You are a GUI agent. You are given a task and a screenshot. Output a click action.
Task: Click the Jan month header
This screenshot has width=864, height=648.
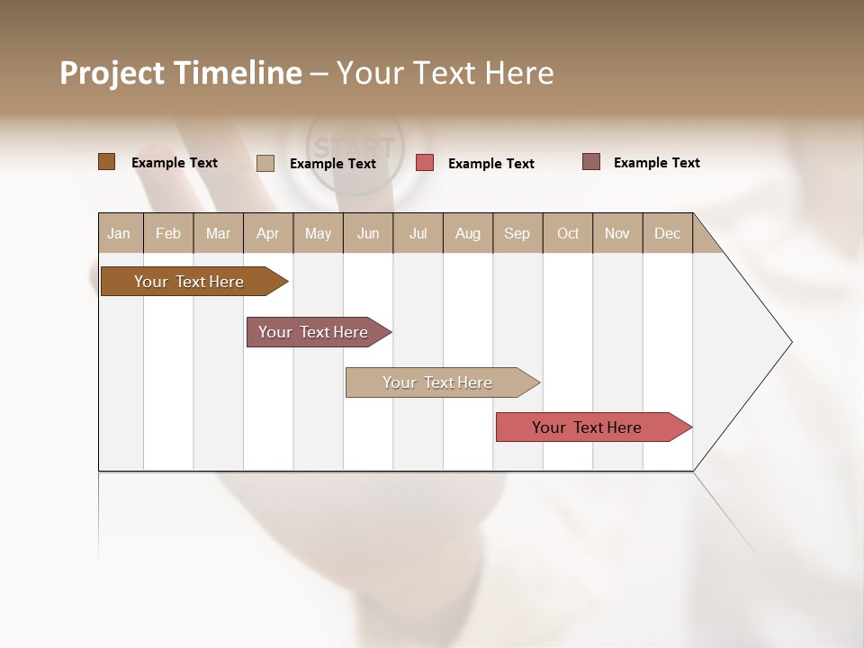coord(120,233)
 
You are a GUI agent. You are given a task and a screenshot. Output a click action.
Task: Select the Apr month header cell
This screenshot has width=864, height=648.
coord(268,233)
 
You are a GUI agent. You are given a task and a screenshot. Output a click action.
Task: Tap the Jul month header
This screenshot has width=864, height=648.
coord(418,233)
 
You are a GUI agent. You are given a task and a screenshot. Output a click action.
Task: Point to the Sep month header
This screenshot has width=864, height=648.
coord(517,233)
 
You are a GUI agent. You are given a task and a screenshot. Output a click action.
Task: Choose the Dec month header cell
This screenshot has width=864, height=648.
coord(667,233)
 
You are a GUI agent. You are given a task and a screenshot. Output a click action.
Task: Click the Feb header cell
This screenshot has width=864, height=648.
coord(168,233)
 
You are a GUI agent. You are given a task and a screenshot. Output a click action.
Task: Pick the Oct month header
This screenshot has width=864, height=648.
coord(568,233)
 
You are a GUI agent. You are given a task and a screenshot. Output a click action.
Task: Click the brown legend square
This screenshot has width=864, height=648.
coord(106,162)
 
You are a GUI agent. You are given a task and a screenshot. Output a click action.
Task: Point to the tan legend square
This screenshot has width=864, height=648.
coord(265,163)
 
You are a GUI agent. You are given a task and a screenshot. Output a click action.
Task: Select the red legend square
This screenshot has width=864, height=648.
coord(425,163)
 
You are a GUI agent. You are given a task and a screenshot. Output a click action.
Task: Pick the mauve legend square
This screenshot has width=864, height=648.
coord(591,162)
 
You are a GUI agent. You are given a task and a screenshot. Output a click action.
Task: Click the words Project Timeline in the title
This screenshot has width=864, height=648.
coord(181,73)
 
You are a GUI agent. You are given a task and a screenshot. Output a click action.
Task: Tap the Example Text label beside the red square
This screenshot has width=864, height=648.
coord(490,164)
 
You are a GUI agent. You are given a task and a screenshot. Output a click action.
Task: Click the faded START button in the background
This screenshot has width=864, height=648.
coord(355,147)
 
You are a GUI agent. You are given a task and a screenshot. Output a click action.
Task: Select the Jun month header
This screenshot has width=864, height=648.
coord(368,233)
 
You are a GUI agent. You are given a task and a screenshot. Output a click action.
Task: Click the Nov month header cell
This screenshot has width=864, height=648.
coord(617,233)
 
